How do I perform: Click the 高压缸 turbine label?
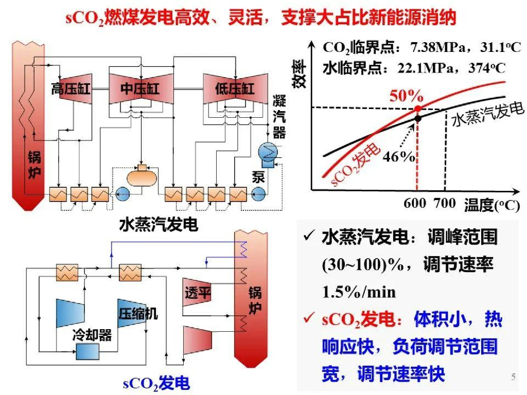click(x=71, y=89)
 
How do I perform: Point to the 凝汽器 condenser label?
click(x=279, y=117)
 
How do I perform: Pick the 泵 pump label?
click(x=258, y=177)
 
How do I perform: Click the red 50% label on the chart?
click(x=406, y=96)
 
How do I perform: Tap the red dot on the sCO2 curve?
click(x=417, y=109)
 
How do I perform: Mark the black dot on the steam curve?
click(x=418, y=118)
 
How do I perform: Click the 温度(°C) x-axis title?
click(x=491, y=205)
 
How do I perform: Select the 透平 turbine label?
click(x=198, y=294)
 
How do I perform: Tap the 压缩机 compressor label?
click(x=138, y=313)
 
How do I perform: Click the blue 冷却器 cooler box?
click(x=88, y=352)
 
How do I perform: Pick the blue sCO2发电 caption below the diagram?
click(x=156, y=383)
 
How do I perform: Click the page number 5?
click(x=513, y=377)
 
